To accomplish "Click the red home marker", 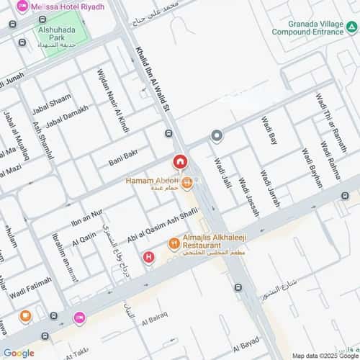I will coord(179,161).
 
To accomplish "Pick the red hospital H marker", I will coord(149,256).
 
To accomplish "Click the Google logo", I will coord(18,353).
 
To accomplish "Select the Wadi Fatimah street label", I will coord(32,287).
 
